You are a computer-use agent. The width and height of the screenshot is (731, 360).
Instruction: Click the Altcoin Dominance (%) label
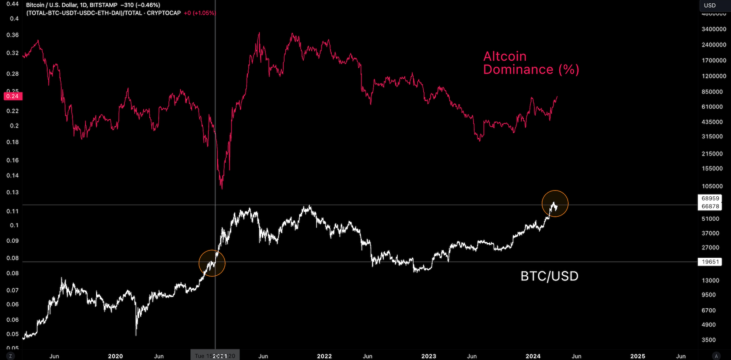531,63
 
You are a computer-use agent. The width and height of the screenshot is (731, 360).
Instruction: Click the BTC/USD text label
549,276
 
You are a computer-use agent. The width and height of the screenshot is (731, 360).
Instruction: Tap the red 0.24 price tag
13,97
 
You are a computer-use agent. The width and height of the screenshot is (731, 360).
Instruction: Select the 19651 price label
710,262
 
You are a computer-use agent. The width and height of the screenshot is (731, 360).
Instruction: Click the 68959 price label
710,199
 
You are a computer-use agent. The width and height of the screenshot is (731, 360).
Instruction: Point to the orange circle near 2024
555,204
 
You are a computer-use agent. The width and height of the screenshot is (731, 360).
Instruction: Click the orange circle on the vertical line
212,263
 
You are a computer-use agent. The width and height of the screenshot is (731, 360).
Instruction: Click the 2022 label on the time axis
324,356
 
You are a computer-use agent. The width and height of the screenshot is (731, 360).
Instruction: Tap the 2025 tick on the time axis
637,356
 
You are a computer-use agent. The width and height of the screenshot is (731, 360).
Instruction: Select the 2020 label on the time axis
115,356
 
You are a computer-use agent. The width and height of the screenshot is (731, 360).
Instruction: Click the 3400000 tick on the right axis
714,29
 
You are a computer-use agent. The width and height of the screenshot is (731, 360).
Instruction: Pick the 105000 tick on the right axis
712,187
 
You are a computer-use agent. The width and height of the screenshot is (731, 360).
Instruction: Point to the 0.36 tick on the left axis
13,35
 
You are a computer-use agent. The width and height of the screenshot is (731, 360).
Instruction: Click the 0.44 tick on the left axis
13,4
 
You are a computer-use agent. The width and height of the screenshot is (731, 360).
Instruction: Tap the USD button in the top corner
710,5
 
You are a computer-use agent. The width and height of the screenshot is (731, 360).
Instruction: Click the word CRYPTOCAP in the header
164,13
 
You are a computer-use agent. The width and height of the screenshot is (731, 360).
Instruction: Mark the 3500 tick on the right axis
709,340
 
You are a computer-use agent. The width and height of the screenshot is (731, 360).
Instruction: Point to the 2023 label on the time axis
429,356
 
